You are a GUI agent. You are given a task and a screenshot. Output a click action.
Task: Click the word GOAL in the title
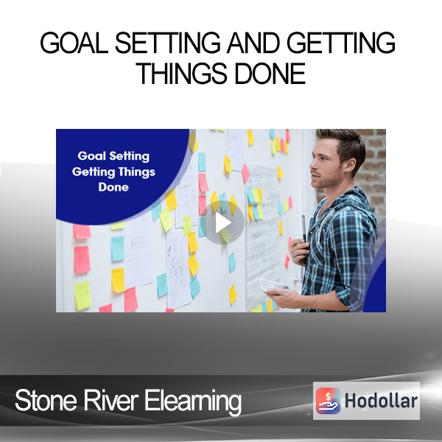[74, 43]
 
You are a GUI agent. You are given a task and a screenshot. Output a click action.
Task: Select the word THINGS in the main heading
[183, 73]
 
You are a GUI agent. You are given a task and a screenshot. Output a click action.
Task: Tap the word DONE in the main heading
[270, 73]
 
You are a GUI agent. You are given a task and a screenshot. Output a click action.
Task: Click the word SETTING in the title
[168, 43]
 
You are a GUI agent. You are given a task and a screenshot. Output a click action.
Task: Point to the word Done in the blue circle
[113, 187]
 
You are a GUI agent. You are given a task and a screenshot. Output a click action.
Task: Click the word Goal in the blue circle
[91, 156]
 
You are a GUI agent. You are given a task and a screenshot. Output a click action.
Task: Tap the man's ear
[351, 165]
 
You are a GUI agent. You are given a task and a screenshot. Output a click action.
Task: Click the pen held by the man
[304, 229]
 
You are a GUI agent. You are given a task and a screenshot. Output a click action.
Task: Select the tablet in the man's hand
[273, 285]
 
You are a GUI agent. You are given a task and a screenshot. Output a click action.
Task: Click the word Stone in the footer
[46, 400]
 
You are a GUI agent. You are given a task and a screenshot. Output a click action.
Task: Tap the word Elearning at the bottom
[193, 401]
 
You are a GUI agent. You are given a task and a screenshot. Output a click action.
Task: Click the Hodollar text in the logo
[381, 401]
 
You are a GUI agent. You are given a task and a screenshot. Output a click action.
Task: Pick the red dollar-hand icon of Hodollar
[328, 401]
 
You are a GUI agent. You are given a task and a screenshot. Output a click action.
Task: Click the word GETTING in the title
[341, 43]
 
